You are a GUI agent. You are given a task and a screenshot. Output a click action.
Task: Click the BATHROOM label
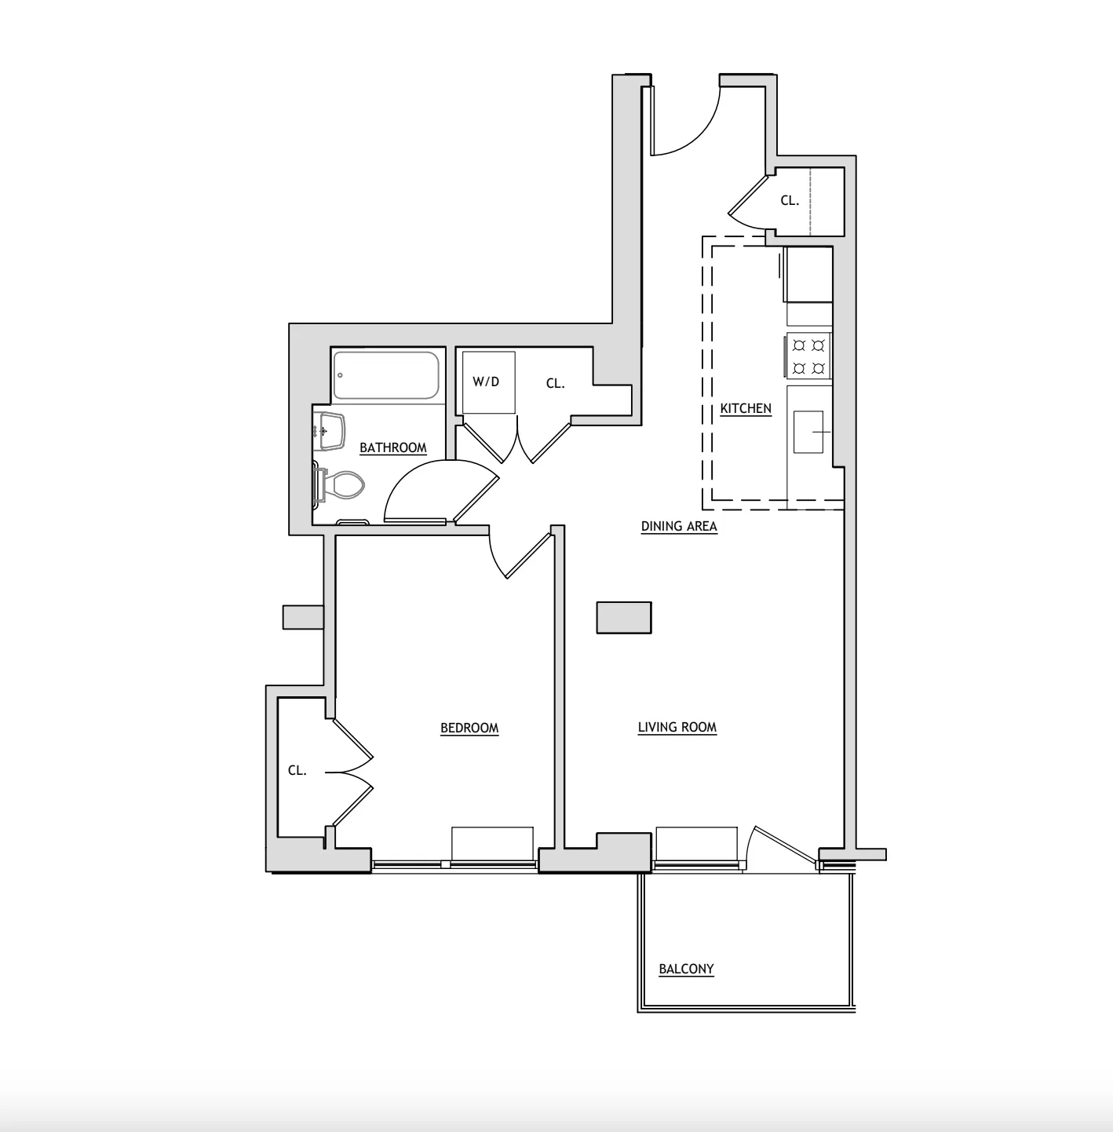(392, 448)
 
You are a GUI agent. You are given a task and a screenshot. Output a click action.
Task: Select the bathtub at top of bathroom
(386, 375)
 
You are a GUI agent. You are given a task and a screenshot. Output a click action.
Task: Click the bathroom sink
(331, 431)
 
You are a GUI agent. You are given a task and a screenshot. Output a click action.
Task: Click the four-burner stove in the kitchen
(808, 356)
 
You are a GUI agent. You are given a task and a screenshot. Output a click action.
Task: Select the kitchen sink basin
(808, 433)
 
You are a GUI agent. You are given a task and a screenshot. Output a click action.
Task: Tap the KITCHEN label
(746, 409)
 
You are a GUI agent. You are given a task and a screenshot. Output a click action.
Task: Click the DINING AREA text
(679, 527)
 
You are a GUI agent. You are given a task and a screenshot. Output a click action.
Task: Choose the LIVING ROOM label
(677, 728)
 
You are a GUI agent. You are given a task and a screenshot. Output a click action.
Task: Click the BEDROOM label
(469, 728)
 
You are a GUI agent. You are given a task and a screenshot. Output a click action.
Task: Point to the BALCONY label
(686, 970)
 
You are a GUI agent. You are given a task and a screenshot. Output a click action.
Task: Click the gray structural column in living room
(624, 617)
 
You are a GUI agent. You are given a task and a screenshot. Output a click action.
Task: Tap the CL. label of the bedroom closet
(297, 771)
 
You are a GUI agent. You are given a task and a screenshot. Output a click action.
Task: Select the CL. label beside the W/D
(555, 384)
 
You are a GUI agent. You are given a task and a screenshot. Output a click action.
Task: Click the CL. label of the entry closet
(789, 201)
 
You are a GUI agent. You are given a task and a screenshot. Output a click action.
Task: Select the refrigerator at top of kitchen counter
(808, 274)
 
